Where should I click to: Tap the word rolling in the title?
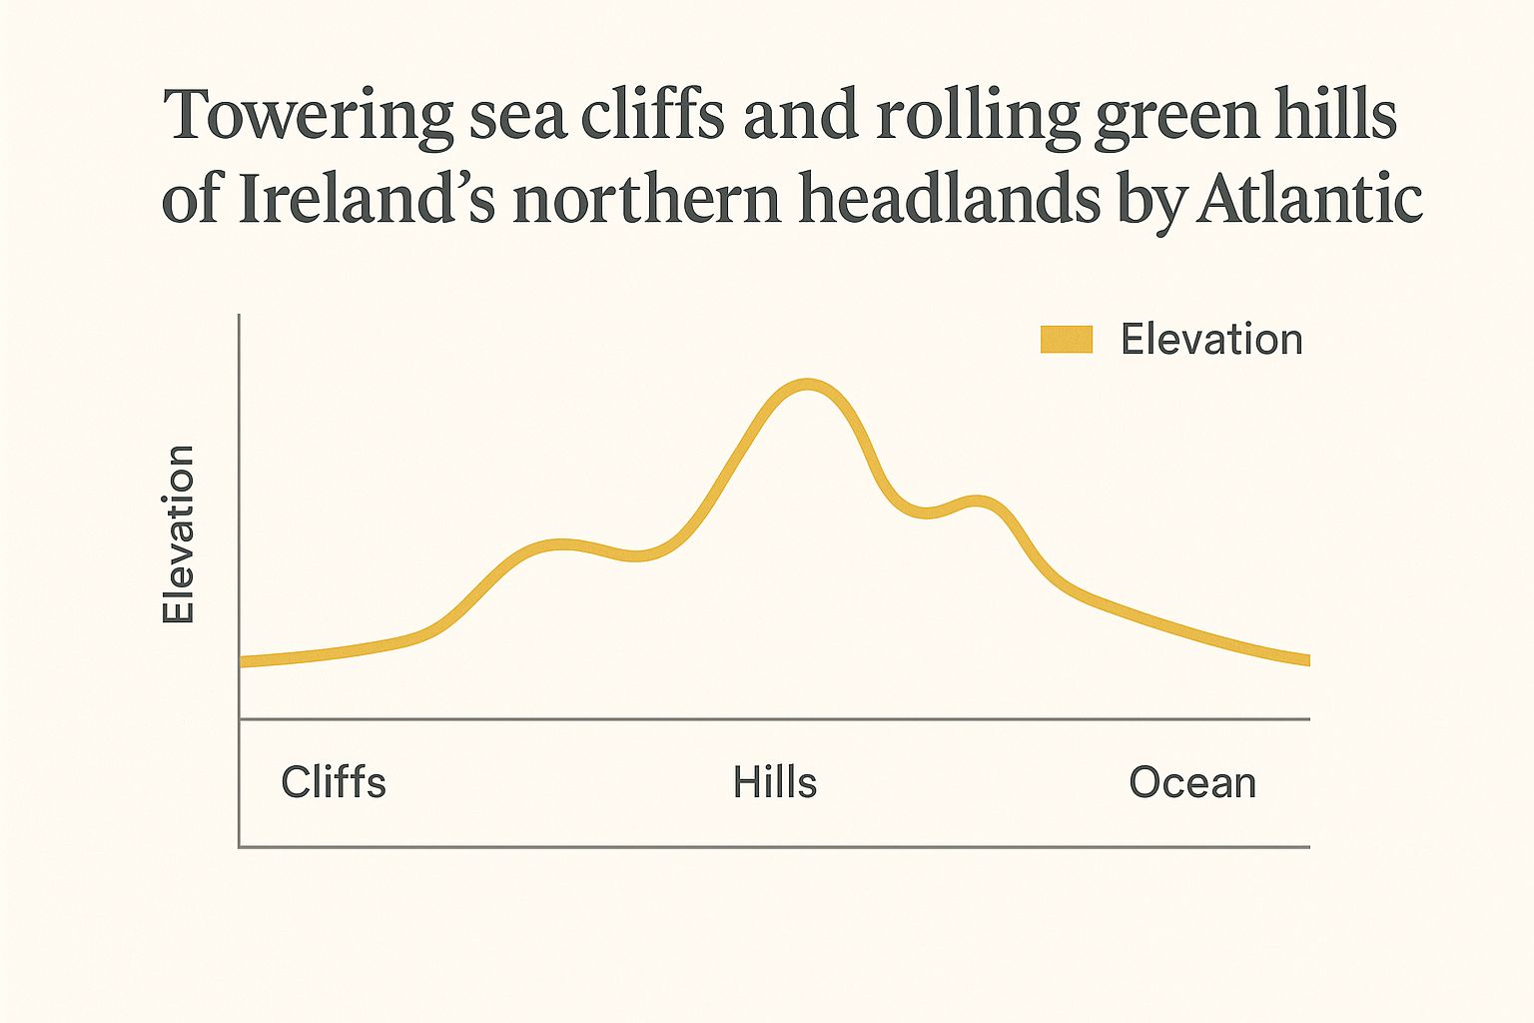tap(978, 117)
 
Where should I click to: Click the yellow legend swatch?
tap(1067, 340)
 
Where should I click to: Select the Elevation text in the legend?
tap(1211, 340)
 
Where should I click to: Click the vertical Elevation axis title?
tap(179, 534)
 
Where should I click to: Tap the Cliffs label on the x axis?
tap(334, 782)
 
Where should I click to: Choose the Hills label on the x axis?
tap(775, 782)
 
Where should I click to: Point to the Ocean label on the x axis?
tap(1192, 782)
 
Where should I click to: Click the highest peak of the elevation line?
tap(807, 386)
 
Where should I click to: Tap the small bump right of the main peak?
tap(976, 502)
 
